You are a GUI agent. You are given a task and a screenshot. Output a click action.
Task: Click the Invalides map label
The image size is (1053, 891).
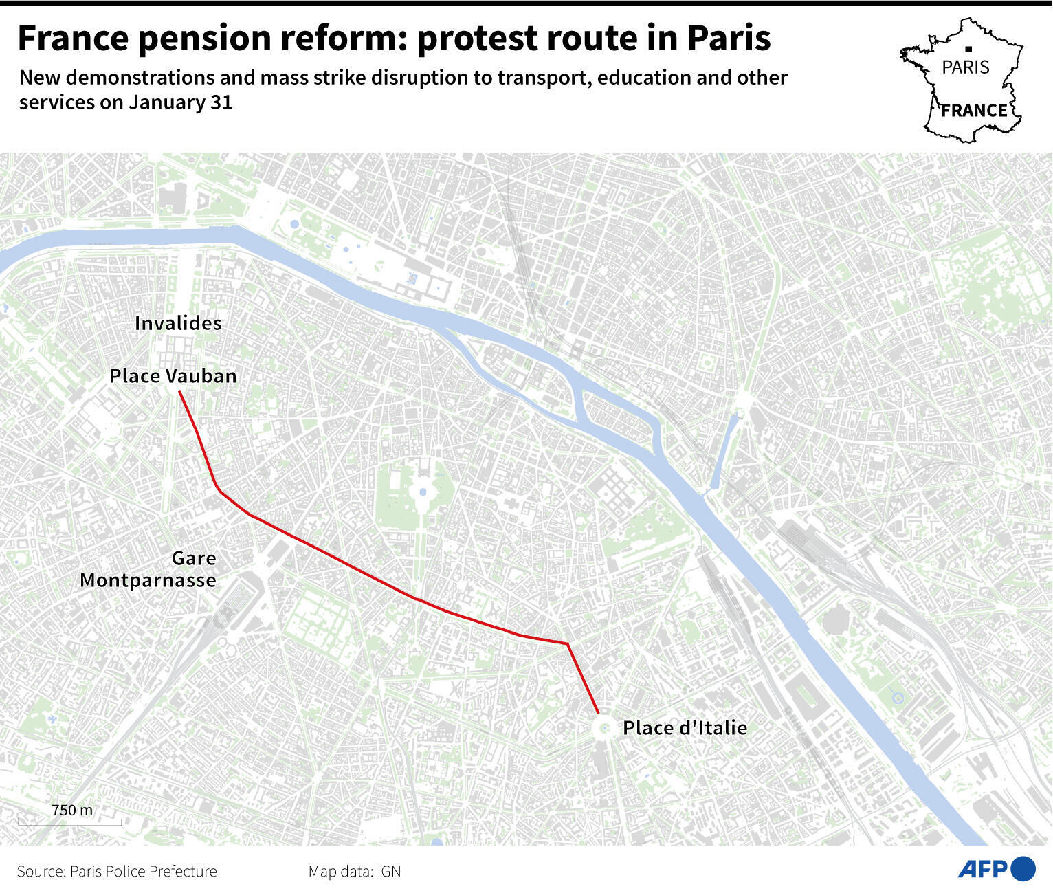(x=178, y=323)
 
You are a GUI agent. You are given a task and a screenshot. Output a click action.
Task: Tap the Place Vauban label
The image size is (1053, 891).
(x=173, y=376)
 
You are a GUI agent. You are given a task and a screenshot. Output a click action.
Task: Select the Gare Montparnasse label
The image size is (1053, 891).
(x=148, y=569)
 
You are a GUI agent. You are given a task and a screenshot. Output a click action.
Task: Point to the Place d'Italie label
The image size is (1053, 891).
(x=685, y=728)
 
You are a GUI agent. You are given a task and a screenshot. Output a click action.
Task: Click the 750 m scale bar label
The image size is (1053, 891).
(x=71, y=810)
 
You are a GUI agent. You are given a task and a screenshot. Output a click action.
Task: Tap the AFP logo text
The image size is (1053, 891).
(x=982, y=869)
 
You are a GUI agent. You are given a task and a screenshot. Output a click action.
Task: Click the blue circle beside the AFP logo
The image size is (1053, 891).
(x=1023, y=869)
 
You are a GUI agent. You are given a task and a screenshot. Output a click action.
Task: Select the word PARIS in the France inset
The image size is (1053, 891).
(x=966, y=67)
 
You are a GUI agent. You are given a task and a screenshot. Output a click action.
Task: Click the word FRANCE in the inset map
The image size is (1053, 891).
(x=974, y=111)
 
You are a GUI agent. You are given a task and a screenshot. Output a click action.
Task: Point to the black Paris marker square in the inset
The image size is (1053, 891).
(x=968, y=49)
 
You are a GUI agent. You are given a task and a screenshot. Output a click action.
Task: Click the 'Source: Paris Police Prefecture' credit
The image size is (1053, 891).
(x=117, y=872)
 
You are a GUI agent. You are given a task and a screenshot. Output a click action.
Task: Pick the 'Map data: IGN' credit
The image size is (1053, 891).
(x=354, y=872)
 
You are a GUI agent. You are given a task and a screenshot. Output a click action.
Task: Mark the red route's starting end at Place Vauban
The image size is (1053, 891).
(x=179, y=392)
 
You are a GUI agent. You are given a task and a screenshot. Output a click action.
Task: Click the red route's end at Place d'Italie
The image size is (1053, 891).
(x=598, y=712)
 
